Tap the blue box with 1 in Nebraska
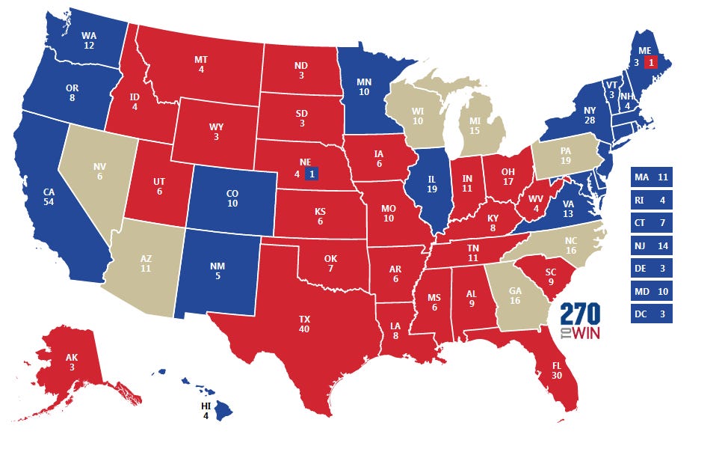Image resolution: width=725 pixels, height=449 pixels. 312,174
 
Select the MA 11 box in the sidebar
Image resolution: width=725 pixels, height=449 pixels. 651,177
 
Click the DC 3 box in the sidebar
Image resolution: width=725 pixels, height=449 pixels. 651,314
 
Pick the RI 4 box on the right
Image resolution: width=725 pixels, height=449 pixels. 651,200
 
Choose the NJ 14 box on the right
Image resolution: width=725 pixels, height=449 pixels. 651,245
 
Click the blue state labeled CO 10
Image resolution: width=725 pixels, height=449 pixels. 232,198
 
